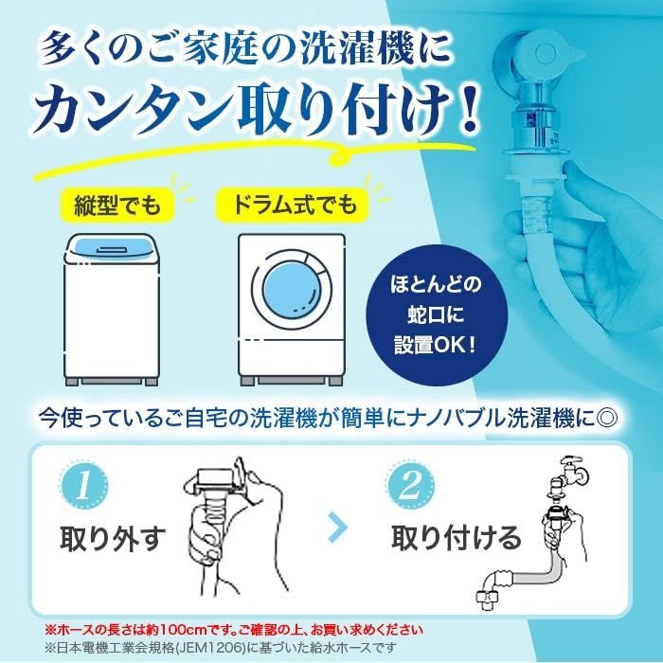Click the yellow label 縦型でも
click(x=117, y=206)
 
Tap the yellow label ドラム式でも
click(x=293, y=205)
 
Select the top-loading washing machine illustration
click(x=112, y=309)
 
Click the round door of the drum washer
click(x=292, y=290)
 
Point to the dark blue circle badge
click(x=436, y=315)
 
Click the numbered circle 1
click(x=84, y=486)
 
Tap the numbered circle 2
click(x=411, y=486)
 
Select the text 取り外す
click(x=113, y=538)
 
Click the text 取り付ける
click(x=456, y=538)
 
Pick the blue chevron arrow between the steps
click(x=339, y=527)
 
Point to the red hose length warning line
click(x=234, y=630)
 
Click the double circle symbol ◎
click(x=606, y=419)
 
